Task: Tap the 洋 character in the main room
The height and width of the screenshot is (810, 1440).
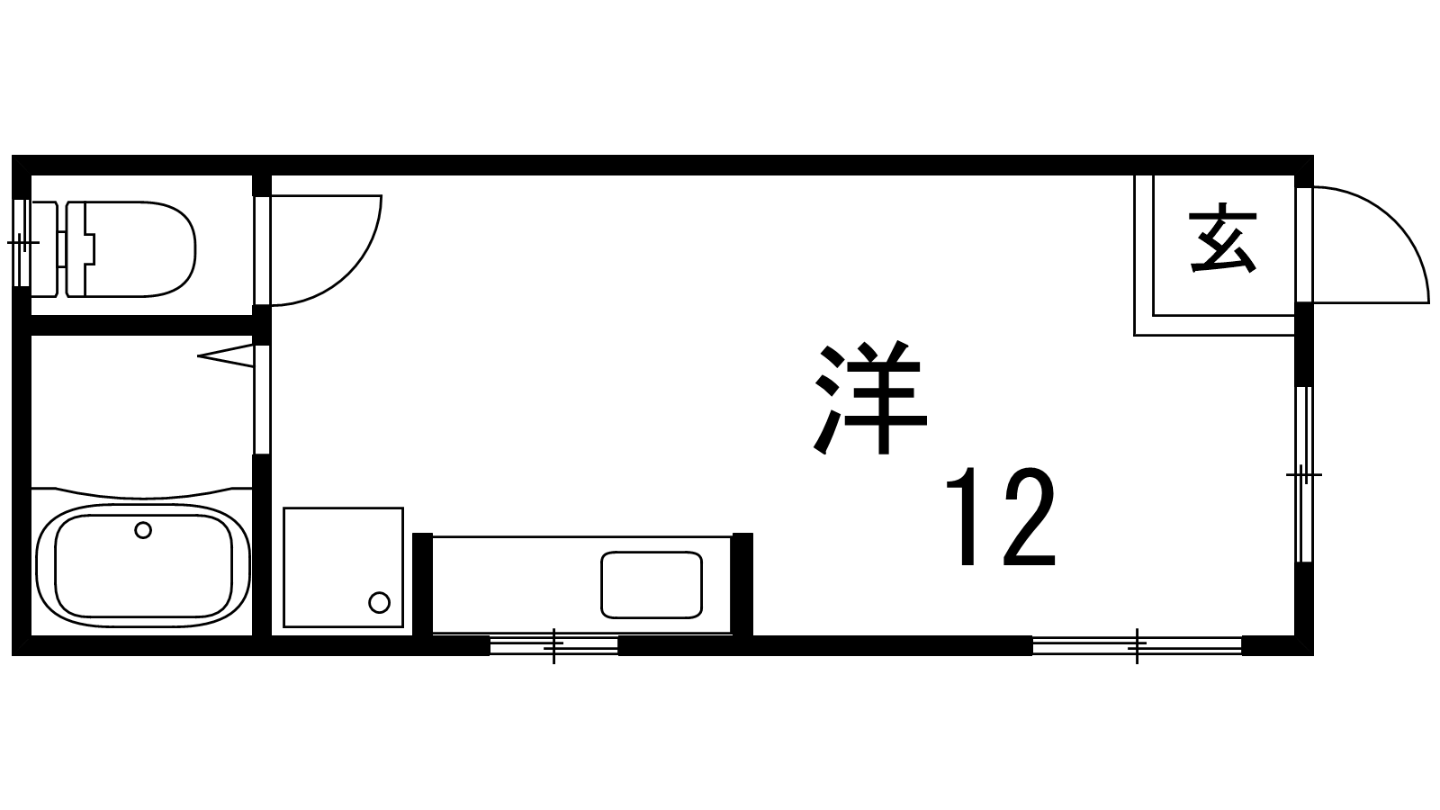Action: point(870,399)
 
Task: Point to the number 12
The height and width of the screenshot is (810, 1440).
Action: point(999,518)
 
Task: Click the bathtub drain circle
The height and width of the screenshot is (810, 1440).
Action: point(142,530)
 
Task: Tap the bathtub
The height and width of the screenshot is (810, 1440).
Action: point(142,565)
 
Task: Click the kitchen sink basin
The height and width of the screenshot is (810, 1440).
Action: point(651,585)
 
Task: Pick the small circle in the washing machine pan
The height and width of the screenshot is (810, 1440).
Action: point(379,601)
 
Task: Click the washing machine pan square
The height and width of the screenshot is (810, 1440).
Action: point(342,567)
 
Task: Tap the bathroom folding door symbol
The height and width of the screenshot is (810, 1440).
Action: point(225,356)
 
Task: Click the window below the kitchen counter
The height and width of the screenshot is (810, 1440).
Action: point(553,645)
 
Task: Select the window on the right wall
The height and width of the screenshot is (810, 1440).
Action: point(1303,473)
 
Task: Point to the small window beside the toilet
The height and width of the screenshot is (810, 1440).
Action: point(21,243)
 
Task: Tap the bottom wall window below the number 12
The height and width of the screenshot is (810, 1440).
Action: point(1137,645)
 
